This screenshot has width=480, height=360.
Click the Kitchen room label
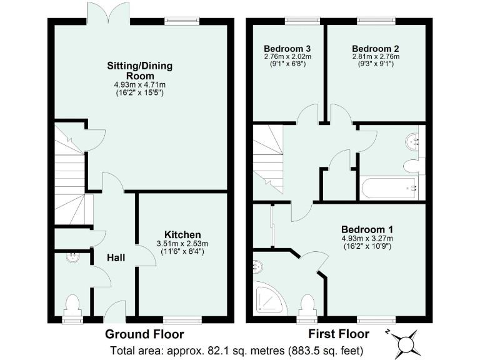click(x=182, y=234)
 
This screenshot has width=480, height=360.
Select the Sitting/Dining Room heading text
click(x=140, y=70)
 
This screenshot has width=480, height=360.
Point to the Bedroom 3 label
click(x=287, y=48)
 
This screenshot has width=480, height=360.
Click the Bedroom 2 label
click(x=375, y=48)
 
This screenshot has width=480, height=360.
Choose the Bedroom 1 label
click(x=367, y=229)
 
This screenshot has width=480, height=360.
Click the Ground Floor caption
click(x=144, y=333)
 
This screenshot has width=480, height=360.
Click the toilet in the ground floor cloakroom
click(x=72, y=306)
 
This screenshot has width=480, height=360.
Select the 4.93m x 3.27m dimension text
click(x=367, y=238)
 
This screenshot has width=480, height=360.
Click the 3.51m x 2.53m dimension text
click(x=182, y=244)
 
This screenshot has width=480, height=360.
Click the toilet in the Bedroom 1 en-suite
click(x=307, y=306)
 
